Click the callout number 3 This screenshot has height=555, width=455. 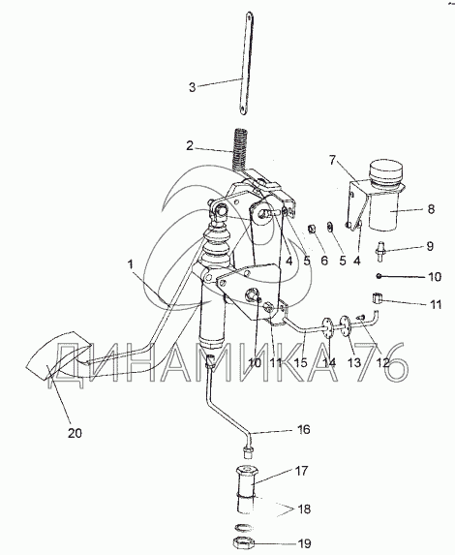pos(192,87)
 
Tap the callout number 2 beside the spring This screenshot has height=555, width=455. pos(190,145)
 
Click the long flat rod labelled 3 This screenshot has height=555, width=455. pos(246,63)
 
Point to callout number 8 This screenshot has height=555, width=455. pos(431,209)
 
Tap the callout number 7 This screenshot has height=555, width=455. pos(332,161)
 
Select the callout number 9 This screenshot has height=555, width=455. pos(430,246)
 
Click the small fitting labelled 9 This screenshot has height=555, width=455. pos(379,251)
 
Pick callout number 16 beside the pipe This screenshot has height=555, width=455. pos(303,429)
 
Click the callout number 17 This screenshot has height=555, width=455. pos(301,471)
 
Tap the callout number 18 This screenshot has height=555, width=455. pos(304,509)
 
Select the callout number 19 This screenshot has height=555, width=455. pos(304,543)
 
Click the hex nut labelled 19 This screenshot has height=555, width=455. pos(244,541)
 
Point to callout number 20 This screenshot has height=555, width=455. pos(75,433)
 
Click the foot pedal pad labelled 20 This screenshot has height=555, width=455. pos(59,355)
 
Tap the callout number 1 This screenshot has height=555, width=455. pos(131,264)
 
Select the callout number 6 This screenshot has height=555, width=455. pos(324,261)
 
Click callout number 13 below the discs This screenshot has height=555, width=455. pos(353,362)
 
